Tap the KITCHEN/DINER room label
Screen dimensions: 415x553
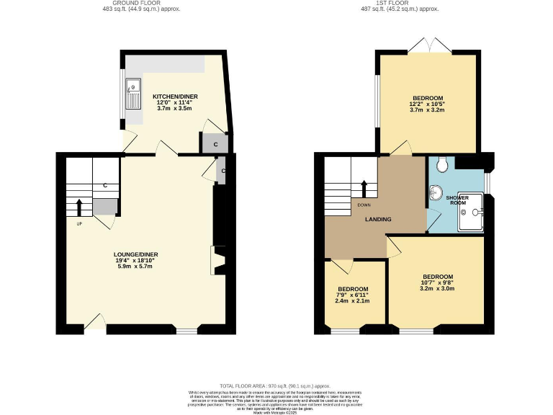(174, 97)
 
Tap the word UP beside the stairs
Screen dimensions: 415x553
(79, 223)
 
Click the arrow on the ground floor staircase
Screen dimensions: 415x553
(79, 207)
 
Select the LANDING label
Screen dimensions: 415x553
(378, 220)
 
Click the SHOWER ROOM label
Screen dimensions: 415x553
(457, 200)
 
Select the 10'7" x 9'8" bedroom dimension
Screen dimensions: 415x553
(438, 283)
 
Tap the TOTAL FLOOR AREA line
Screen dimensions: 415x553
(276, 386)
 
